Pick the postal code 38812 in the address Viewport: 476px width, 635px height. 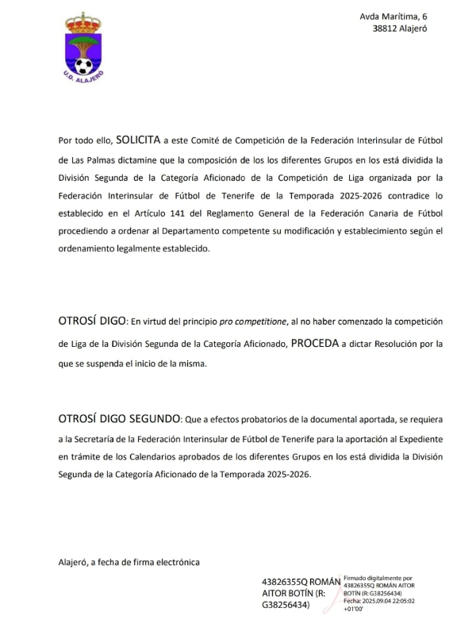click(x=388, y=29)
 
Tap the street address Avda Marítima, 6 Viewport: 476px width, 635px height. click(x=393, y=16)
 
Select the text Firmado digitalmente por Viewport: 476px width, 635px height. click(x=378, y=579)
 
